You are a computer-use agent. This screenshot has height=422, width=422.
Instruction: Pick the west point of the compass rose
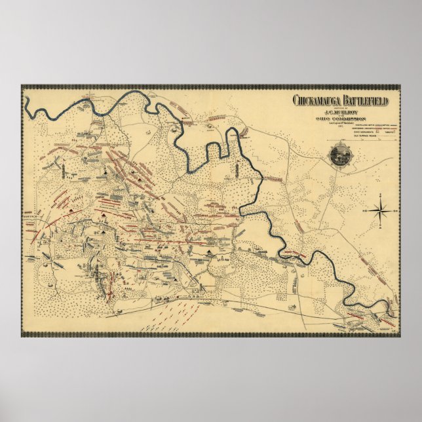(x=370, y=210)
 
